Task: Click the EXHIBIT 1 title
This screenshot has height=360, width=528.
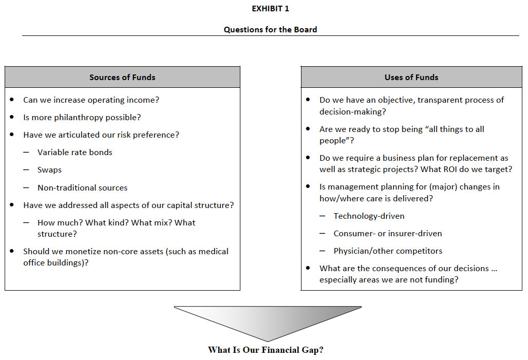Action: tap(270, 9)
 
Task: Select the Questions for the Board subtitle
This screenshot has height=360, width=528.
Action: tap(270, 30)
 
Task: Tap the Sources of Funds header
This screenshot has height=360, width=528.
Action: tap(122, 78)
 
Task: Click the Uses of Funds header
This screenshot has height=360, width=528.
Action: tap(411, 78)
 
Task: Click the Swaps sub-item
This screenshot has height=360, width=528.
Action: tap(49, 169)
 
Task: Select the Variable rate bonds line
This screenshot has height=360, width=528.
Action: tap(75, 152)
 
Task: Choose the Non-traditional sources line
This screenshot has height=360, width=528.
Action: tap(83, 187)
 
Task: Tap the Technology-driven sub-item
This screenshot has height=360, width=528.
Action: tap(369, 216)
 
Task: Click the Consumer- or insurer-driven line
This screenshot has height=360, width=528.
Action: tap(388, 233)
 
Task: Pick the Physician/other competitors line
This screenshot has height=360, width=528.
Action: tap(388, 251)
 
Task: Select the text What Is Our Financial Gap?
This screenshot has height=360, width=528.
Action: tap(266, 350)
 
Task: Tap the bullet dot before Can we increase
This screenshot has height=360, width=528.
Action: tap(12, 99)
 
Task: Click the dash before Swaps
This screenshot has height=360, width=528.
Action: tap(26, 169)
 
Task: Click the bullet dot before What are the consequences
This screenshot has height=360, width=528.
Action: tap(308, 268)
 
